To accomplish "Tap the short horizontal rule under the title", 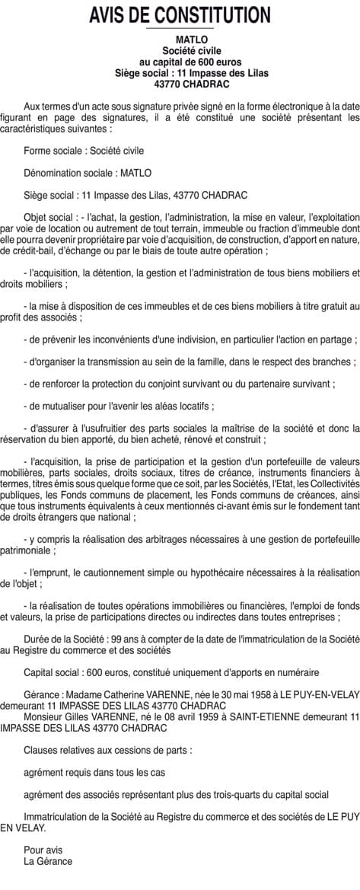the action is point(180,28).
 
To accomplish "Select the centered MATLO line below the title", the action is point(180,38).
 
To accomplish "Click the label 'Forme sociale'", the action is point(52,151).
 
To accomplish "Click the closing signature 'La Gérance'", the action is point(48,861).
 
